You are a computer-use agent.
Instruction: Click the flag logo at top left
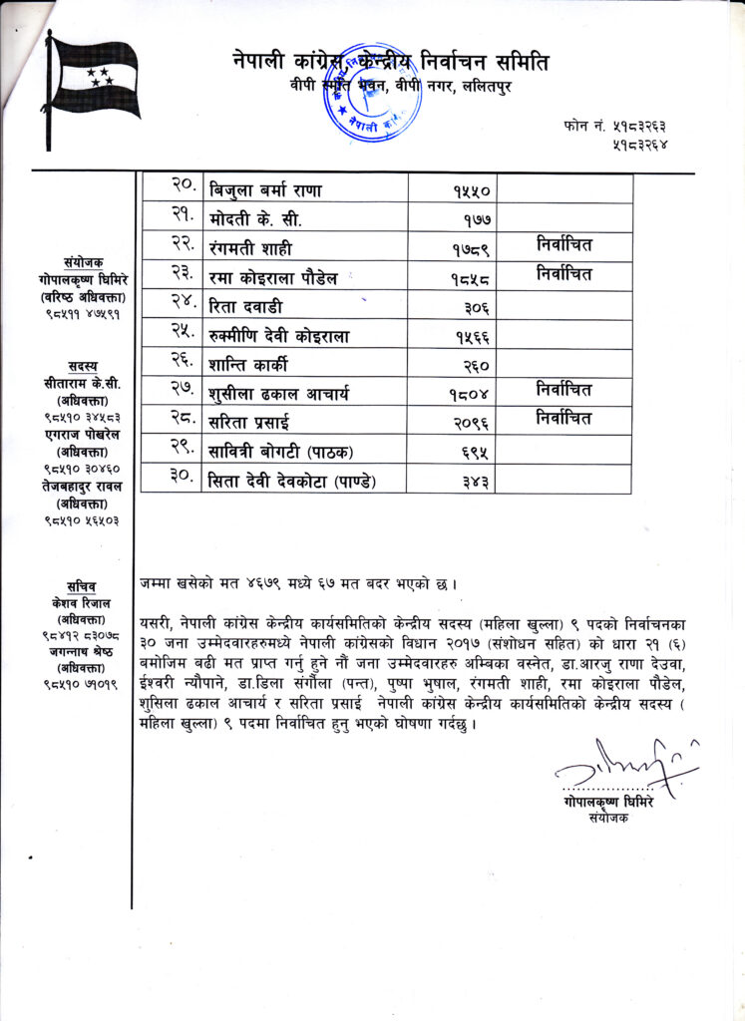point(92,90)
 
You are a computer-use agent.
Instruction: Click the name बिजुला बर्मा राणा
point(265,188)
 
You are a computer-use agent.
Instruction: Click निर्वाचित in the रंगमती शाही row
point(563,244)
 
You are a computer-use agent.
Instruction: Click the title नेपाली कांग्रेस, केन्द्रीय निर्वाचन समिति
point(390,61)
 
